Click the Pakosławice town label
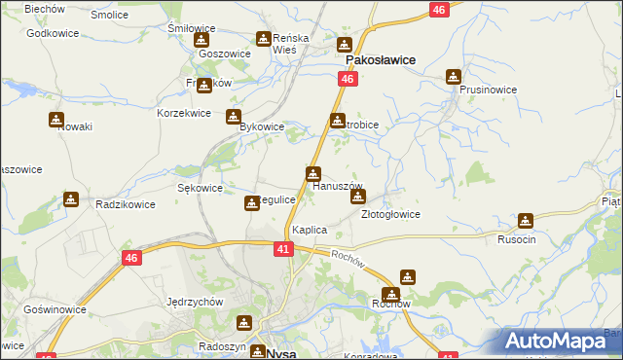376,59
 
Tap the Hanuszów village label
337,186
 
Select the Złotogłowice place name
390,214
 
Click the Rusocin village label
517,239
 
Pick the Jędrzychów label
195,302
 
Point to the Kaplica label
309,230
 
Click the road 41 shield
282,250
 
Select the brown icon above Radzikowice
71,199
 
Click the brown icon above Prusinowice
454,76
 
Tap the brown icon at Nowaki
56,120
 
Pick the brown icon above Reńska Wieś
264,39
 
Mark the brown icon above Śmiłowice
202,40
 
